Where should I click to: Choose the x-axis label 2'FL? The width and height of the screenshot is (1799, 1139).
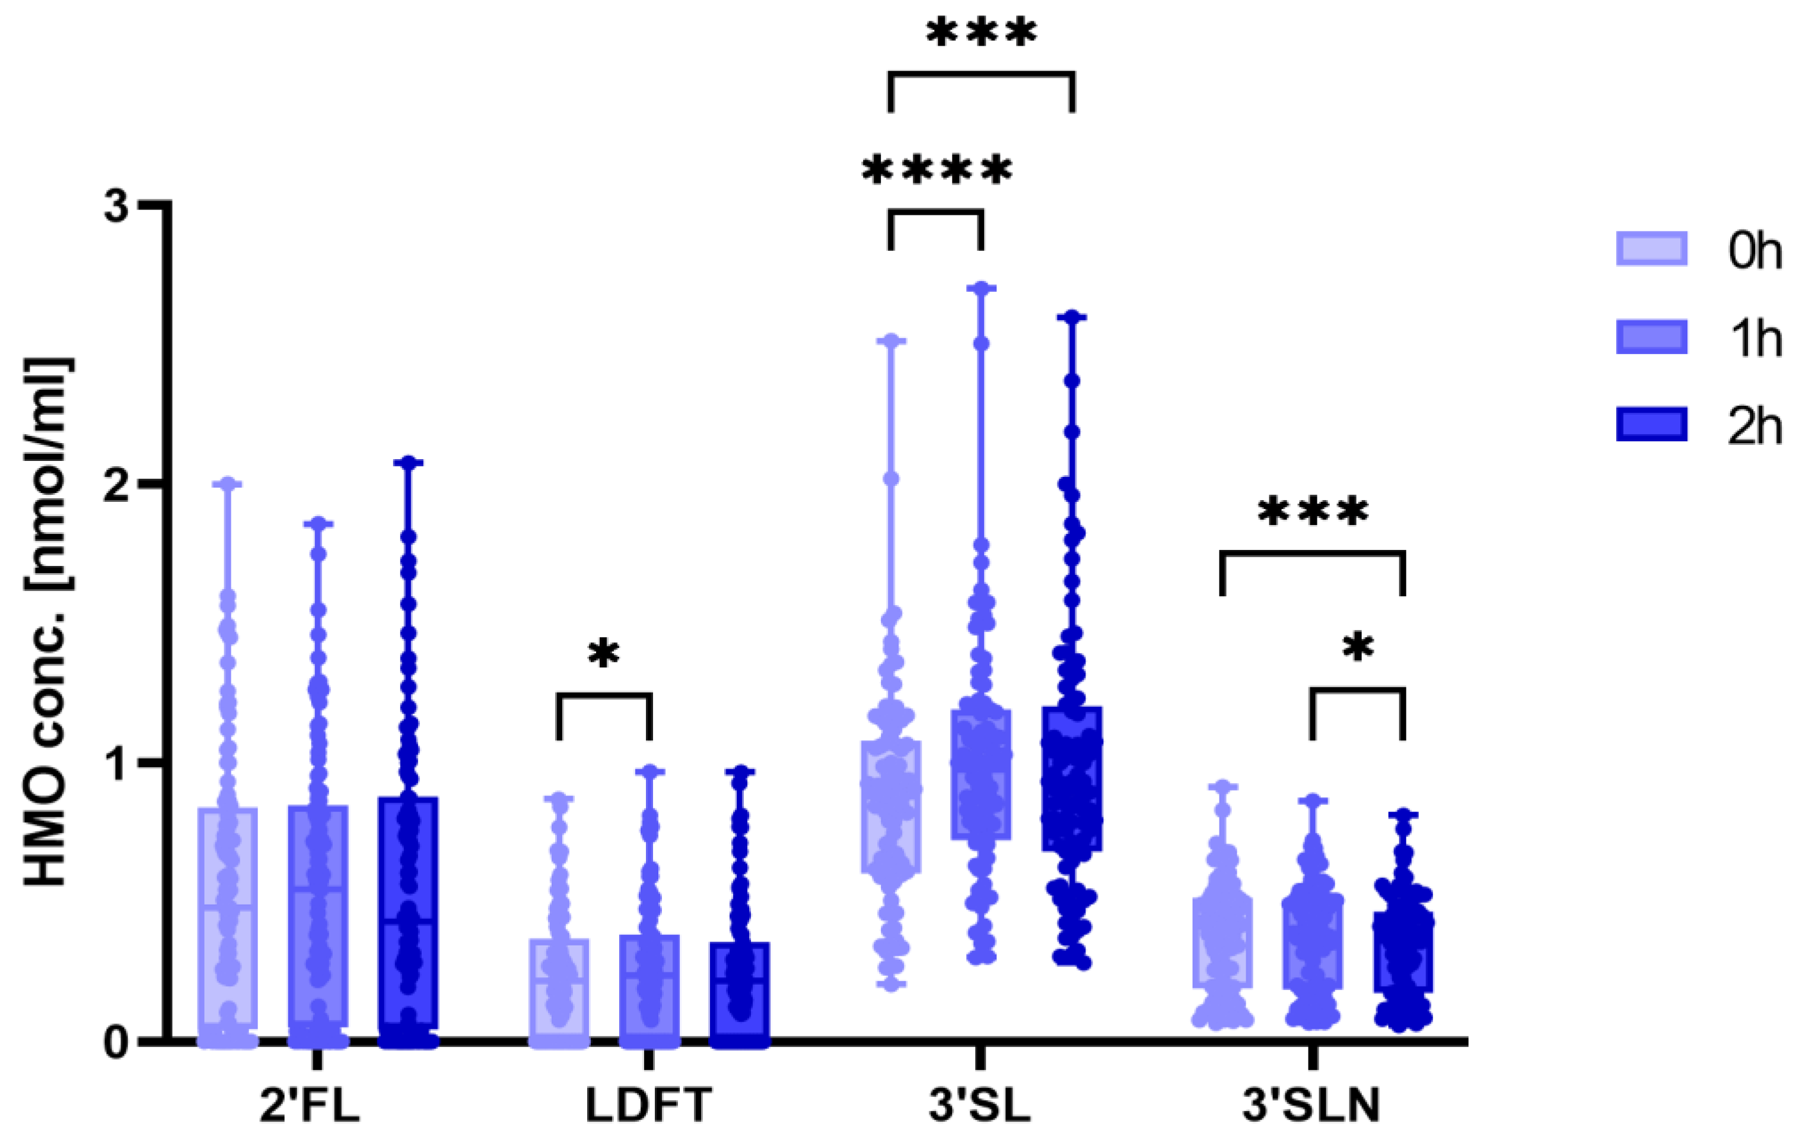tap(310, 1107)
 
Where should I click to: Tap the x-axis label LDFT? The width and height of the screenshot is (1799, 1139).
tap(648, 1107)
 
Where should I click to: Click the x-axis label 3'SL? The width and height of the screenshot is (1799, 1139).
tap(979, 1107)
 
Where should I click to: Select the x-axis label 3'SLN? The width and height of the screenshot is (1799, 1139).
tap(1311, 1107)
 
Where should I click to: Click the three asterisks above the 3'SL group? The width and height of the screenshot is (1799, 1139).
tap(981, 34)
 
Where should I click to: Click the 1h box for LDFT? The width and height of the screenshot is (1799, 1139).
tap(649, 987)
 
